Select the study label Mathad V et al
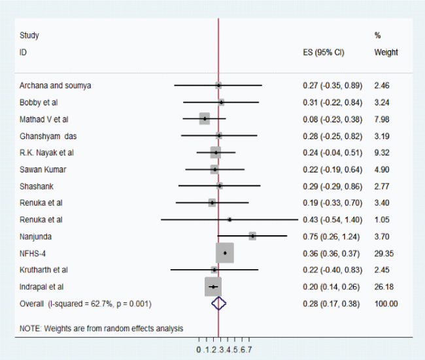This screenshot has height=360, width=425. click(x=43, y=119)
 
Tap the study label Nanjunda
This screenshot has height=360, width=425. click(x=35, y=235)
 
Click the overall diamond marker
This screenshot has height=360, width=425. click(x=218, y=303)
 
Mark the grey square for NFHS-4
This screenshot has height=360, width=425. click(x=224, y=252)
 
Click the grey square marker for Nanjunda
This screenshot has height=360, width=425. click(x=252, y=235)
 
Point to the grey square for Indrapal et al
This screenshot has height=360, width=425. click(x=212, y=286)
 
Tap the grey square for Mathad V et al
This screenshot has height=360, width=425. click(x=205, y=118)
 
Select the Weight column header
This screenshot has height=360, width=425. click(x=386, y=52)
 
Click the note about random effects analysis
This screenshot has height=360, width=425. click(x=101, y=328)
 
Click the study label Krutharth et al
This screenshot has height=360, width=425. click(x=44, y=269)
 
